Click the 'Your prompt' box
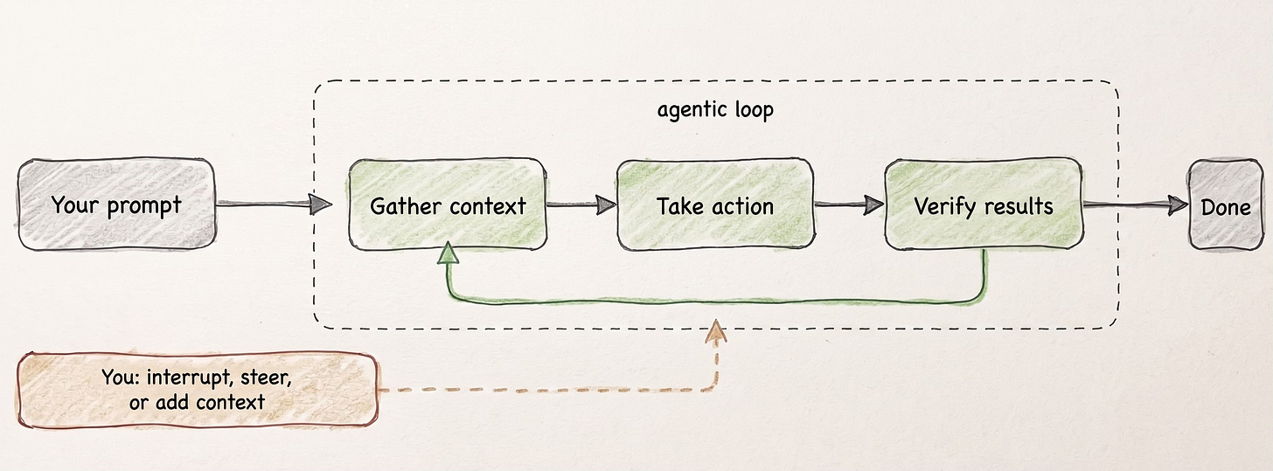[115, 205]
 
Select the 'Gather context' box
[448, 205]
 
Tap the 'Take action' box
[715, 205]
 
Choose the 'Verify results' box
[984, 205]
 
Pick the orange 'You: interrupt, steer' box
[197, 390]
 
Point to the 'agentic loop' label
[714, 111]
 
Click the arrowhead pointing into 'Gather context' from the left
[322, 205]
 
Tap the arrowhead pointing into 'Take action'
[605, 206]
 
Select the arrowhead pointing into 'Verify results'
[873, 206]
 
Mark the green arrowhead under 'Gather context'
[449, 253]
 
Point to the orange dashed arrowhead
[716, 329]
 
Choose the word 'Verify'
[942, 206]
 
